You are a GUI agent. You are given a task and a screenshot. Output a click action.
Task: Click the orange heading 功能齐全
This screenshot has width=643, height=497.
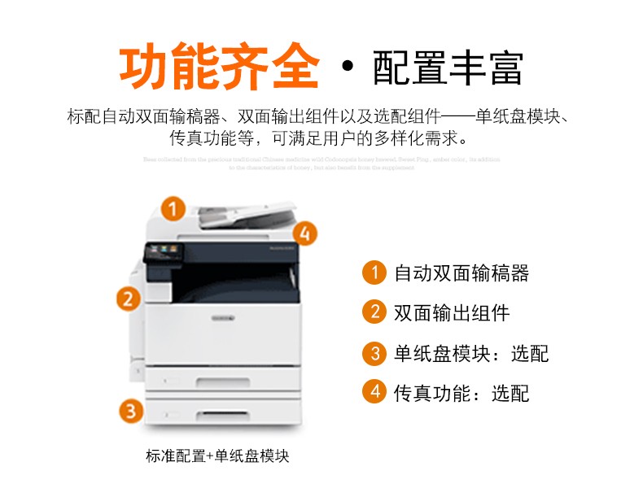(219, 68)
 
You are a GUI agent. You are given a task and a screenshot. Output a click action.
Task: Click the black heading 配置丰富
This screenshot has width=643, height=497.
(448, 68)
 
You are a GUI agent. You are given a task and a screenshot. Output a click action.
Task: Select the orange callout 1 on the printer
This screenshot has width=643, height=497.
(172, 209)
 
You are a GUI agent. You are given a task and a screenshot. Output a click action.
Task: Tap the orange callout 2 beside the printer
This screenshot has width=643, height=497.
(126, 298)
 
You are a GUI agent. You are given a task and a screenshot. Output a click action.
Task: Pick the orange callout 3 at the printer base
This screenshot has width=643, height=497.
(130, 411)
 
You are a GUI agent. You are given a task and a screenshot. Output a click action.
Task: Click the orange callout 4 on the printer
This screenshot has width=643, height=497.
(304, 234)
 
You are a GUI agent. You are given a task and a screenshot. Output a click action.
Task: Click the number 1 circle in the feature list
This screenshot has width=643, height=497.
(374, 272)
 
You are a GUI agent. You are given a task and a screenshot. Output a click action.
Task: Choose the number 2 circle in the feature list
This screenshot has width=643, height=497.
(374, 312)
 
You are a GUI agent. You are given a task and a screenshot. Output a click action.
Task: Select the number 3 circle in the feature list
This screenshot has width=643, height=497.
(374, 353)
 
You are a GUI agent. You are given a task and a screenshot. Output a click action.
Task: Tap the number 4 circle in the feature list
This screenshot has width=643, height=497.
(374, 393)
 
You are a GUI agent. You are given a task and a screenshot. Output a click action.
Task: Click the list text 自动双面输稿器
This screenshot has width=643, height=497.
(461, 273)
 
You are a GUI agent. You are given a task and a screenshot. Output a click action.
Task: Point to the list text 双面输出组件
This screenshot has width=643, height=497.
(452, 313)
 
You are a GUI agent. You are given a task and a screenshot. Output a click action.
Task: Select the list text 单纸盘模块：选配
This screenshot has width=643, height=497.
(471, 354)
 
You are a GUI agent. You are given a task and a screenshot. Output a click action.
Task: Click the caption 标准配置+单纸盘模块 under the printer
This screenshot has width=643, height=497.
(217, 456)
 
